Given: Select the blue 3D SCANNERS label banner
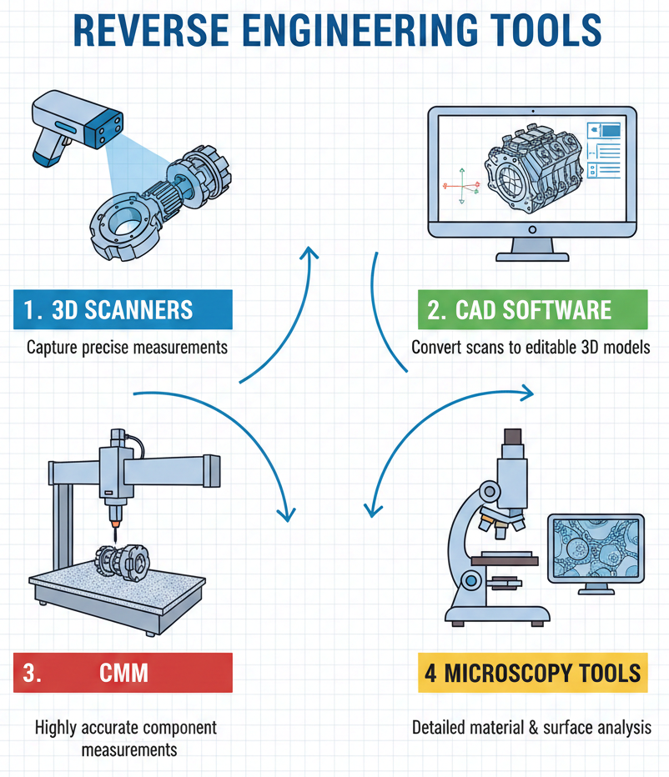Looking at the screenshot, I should click(x=123, y=310).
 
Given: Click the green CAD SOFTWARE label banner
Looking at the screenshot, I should click(x=532, y=310).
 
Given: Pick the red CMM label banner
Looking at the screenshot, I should click(x=123, y=673).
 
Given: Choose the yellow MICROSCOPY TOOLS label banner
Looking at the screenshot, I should click(x=532, y=673).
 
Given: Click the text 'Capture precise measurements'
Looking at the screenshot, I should click(x=127, y=348).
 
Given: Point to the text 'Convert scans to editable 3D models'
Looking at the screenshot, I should click(x=531, y=348).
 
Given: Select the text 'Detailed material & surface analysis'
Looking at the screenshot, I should click(x=531, y=727).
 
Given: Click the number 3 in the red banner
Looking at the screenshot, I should click(x=31, y=673).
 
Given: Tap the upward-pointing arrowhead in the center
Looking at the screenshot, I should click(x=311, y=253).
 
